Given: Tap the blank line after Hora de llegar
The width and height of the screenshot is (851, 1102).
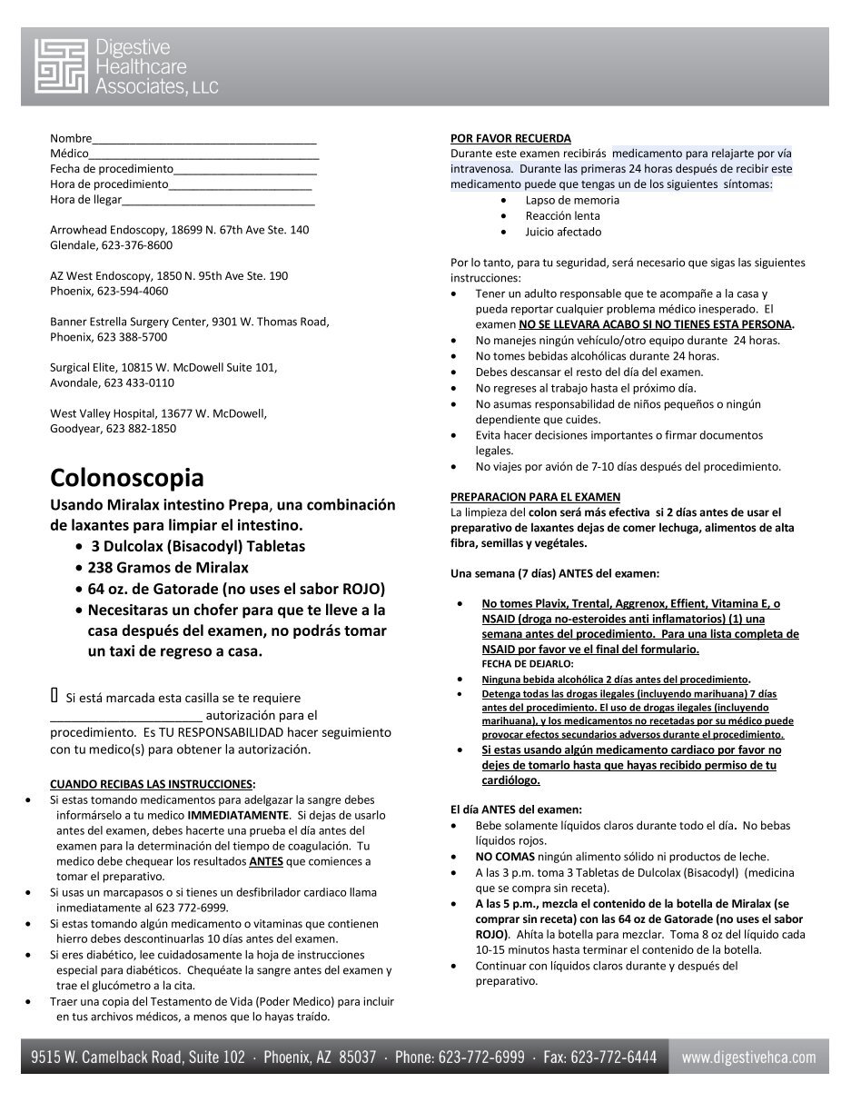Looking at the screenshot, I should point(218,201).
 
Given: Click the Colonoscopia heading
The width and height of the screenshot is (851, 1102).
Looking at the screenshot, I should point(126,477).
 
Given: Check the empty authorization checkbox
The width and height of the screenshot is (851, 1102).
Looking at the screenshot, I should point(54,696).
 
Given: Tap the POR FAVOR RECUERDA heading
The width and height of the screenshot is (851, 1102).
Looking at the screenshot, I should point(510,138).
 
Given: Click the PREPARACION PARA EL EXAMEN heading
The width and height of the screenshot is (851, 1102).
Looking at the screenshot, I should point(536,497).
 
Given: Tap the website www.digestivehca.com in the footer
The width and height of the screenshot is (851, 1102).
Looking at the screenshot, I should point(748,1057).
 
